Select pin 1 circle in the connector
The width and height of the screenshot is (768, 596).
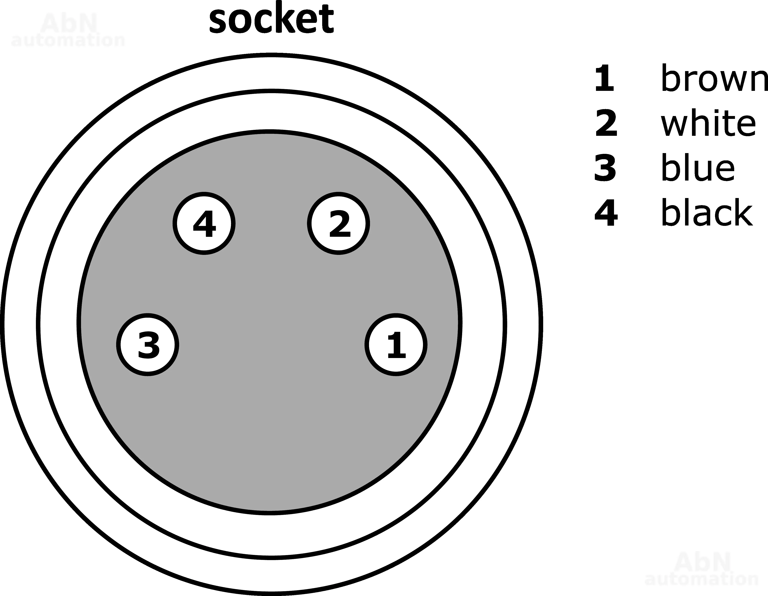coord(396,344)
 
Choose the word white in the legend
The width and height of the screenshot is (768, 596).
coord(708,123)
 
